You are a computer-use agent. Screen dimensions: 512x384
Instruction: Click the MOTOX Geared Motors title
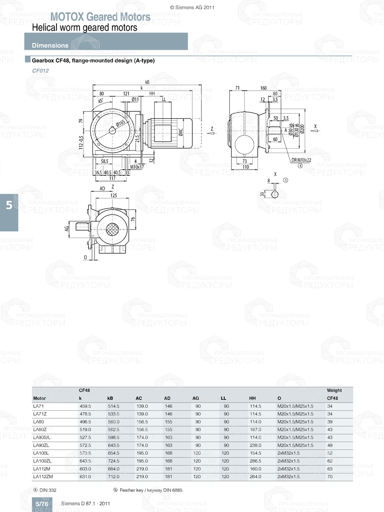tap(100, 17)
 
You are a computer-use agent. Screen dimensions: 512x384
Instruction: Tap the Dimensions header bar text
tap(50, 45)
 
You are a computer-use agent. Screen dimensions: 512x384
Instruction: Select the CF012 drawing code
tap(40, 71)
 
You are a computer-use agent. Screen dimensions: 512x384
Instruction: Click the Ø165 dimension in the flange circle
tap(121, 123)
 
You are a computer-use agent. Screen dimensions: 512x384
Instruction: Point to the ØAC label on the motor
tap(180, 132)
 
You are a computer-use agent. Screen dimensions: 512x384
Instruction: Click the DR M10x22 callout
tap(301, 160)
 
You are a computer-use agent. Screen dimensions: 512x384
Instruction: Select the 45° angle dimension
tap(101, 101)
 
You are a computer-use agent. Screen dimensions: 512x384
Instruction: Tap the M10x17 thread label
tap(137, 167)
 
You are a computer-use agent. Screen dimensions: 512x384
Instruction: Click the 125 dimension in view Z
tap(114, 195)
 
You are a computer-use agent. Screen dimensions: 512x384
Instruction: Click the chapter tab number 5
tap(9, 205)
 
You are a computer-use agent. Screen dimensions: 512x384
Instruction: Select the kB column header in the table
tap(110, 398)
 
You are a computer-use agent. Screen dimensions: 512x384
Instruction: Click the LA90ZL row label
tap(41, 445)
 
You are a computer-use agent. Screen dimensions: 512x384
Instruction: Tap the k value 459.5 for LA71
tap(85, 406)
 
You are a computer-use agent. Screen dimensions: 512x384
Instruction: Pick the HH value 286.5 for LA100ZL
tap(255, 461)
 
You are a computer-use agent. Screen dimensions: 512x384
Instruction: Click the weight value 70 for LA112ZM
tap(330, 477)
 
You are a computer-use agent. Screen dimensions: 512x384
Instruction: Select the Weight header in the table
tap(334, 390)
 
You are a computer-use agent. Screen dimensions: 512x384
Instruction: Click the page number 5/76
tap(42, 504)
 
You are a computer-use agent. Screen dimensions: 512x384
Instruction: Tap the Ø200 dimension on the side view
tap(302, 129)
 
